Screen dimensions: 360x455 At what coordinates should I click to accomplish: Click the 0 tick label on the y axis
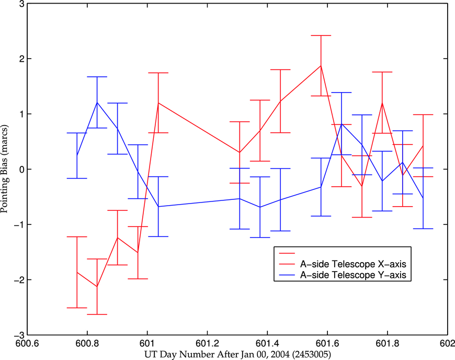[x=21, y=170]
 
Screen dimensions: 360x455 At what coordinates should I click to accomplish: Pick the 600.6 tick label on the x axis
[x=28, y=344]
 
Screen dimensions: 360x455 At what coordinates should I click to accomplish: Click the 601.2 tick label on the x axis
[x=208, y=344]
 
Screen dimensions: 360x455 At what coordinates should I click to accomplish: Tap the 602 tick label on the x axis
[x=447, y=344]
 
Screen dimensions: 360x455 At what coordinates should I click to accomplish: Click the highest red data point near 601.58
[x=321, y=65]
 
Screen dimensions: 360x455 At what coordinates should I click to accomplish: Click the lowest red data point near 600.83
[x=97, y=287]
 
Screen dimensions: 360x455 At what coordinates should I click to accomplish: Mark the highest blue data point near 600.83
[x=97, y=102]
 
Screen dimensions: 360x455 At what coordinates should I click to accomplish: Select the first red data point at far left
[x=77, y=272]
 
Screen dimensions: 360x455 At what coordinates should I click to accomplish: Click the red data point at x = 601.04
[x=158, y=103]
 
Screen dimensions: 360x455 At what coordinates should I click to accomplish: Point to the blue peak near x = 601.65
[x=341, y=123]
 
